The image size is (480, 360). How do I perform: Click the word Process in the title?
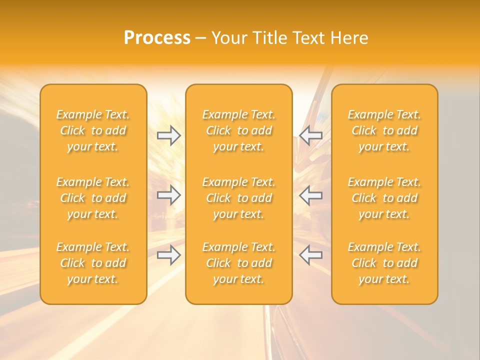[157, 38]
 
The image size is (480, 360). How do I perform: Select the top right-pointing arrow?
[169, 135]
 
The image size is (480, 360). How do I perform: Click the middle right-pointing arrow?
[169, 195]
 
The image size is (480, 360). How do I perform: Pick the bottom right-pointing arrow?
[169, 255]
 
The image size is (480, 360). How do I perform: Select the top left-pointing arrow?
[310, 135]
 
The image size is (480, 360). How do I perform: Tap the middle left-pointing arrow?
[310, 195]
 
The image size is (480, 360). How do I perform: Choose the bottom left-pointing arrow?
[310, 255]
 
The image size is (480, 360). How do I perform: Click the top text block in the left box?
[93, 130]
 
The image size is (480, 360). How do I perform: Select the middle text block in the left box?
[93, 198]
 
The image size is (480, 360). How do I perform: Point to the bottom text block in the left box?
[93, 263]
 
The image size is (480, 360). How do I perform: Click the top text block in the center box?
[239, 130]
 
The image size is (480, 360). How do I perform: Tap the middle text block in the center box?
[239, 198]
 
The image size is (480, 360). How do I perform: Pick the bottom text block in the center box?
[239, 263]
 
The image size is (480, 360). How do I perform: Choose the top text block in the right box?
[384, 130]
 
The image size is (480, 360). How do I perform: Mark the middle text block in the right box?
[384, 198]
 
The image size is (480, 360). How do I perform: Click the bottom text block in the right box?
[384, 263]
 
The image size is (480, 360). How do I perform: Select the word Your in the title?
[228, 38]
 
